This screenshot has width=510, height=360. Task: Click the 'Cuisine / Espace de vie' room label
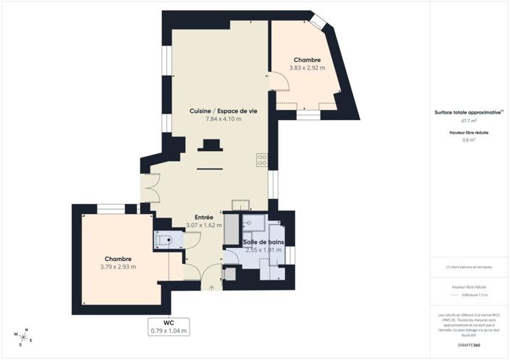click(x=215, y=111)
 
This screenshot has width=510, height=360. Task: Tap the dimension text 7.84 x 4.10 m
click(x=215, y=119)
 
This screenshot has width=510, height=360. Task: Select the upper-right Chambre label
click(x=307, y=60)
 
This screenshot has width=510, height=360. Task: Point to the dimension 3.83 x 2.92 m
click(x=307, y=69)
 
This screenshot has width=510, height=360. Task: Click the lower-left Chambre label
click(x=118, y=259)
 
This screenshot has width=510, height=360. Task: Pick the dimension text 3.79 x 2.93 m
click(x=118, y=267)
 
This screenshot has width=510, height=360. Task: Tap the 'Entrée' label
click(x=203, y=217)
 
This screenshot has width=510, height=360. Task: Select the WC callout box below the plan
click(x=169, y=327)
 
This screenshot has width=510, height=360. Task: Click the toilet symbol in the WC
click(x=164, y=241)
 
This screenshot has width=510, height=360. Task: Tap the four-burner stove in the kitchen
click(x=262, y=160)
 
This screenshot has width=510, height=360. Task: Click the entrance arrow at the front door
click(x=212, y=288)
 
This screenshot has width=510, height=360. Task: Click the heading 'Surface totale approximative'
click(x=468, y=113)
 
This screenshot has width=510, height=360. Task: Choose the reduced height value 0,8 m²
click(x=469, y=140)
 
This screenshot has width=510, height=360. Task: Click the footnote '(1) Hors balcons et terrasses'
click(x=469, y=267)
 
